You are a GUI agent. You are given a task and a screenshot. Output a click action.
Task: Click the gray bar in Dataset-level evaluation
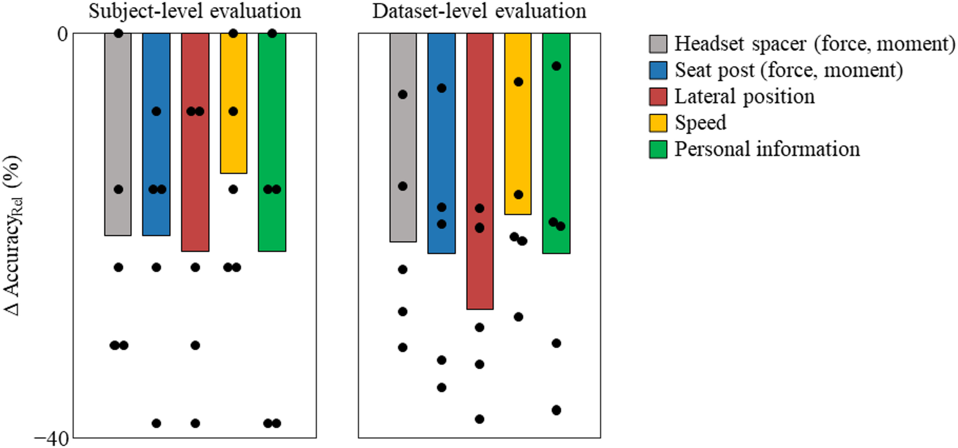tap(403, 142)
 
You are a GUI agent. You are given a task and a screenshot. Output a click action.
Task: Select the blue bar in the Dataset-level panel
tap(442, 153)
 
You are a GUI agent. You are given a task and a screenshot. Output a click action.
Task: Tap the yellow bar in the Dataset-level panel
tap(518, 137)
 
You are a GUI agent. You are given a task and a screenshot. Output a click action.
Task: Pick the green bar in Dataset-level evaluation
tap(556, 148)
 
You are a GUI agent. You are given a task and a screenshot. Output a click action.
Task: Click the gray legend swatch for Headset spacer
tap(658, 44)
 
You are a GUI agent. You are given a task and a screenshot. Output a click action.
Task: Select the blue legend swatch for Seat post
tap(658, 71)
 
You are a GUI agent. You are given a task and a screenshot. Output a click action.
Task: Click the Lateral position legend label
tap(744, 97)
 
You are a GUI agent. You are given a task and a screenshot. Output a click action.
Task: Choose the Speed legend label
tap(700, 123)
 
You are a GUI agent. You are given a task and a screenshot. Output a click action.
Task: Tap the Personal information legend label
tap(767, 150)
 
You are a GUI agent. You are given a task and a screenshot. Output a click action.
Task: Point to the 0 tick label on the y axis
tap(62, 34)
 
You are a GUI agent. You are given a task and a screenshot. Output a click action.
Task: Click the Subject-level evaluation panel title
tap(195, 11)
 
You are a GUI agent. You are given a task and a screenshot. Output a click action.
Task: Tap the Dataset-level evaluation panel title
tap(479, 11)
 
